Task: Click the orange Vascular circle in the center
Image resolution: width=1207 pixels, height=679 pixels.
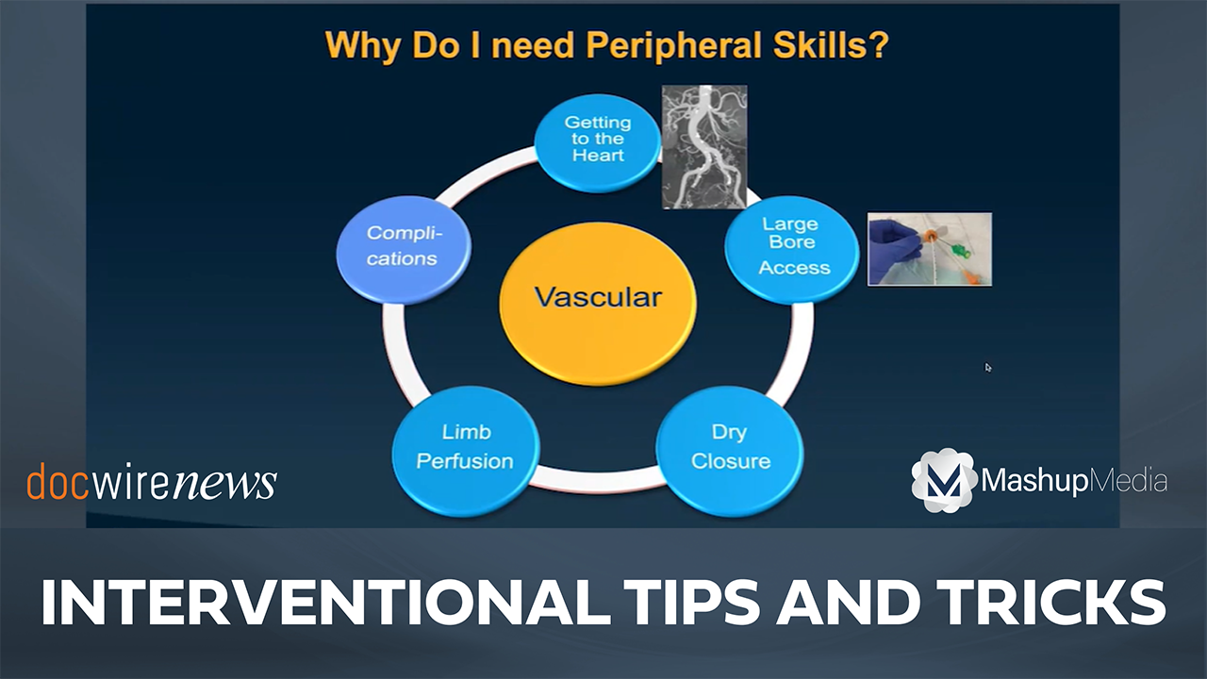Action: (x=598, y=304)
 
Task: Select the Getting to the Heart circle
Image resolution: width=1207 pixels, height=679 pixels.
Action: (x=598, y=142)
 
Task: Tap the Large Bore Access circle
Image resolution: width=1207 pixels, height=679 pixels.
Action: (x=791, y=249)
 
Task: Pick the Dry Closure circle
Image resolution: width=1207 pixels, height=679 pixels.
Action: (x=730, y=451)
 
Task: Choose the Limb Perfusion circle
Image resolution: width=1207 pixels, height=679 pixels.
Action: (x=466, y=451)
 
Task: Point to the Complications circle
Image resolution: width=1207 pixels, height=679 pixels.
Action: (x=404, y=250)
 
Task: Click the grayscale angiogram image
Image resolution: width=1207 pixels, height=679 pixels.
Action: (x=704, y=146)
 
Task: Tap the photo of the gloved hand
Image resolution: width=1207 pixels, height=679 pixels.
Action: (x=930, y=249)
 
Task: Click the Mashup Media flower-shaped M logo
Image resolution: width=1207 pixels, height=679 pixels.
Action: (x=944, y=480)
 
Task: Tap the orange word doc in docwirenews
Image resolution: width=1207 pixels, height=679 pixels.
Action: (x=58, y=481)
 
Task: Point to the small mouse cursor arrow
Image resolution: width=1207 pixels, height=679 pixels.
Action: (x=987, y=367)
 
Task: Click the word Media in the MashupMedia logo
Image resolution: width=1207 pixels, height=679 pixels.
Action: (x=1129, y=480)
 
